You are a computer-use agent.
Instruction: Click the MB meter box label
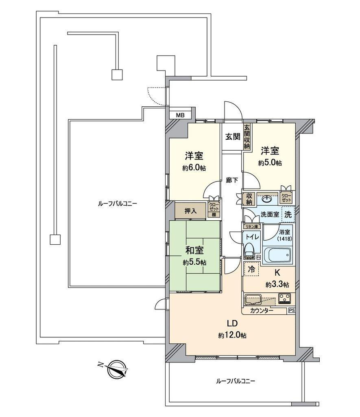coord(180,115)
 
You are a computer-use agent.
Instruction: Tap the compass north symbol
coord(116,369)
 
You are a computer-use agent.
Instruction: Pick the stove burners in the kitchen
coord(284,298)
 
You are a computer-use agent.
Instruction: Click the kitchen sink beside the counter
coord(253,299)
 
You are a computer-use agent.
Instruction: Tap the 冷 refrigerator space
coord(251,269)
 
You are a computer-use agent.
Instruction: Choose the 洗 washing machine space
coord(288,214)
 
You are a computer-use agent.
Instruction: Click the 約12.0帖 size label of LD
coord(232,336)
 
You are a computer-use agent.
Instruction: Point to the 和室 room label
coord(194,250)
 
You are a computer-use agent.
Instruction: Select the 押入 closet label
coord(191,211)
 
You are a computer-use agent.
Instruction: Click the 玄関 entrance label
coord(233,137)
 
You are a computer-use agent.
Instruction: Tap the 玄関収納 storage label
coord(247,136)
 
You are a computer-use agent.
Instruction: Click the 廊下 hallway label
coord(232,180)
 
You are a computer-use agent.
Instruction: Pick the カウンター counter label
coord(262,310)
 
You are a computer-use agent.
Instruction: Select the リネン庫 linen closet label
coord(251,226)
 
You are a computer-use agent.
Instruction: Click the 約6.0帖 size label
coord(194,168)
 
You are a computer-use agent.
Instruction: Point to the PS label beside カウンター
coord(291,310)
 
